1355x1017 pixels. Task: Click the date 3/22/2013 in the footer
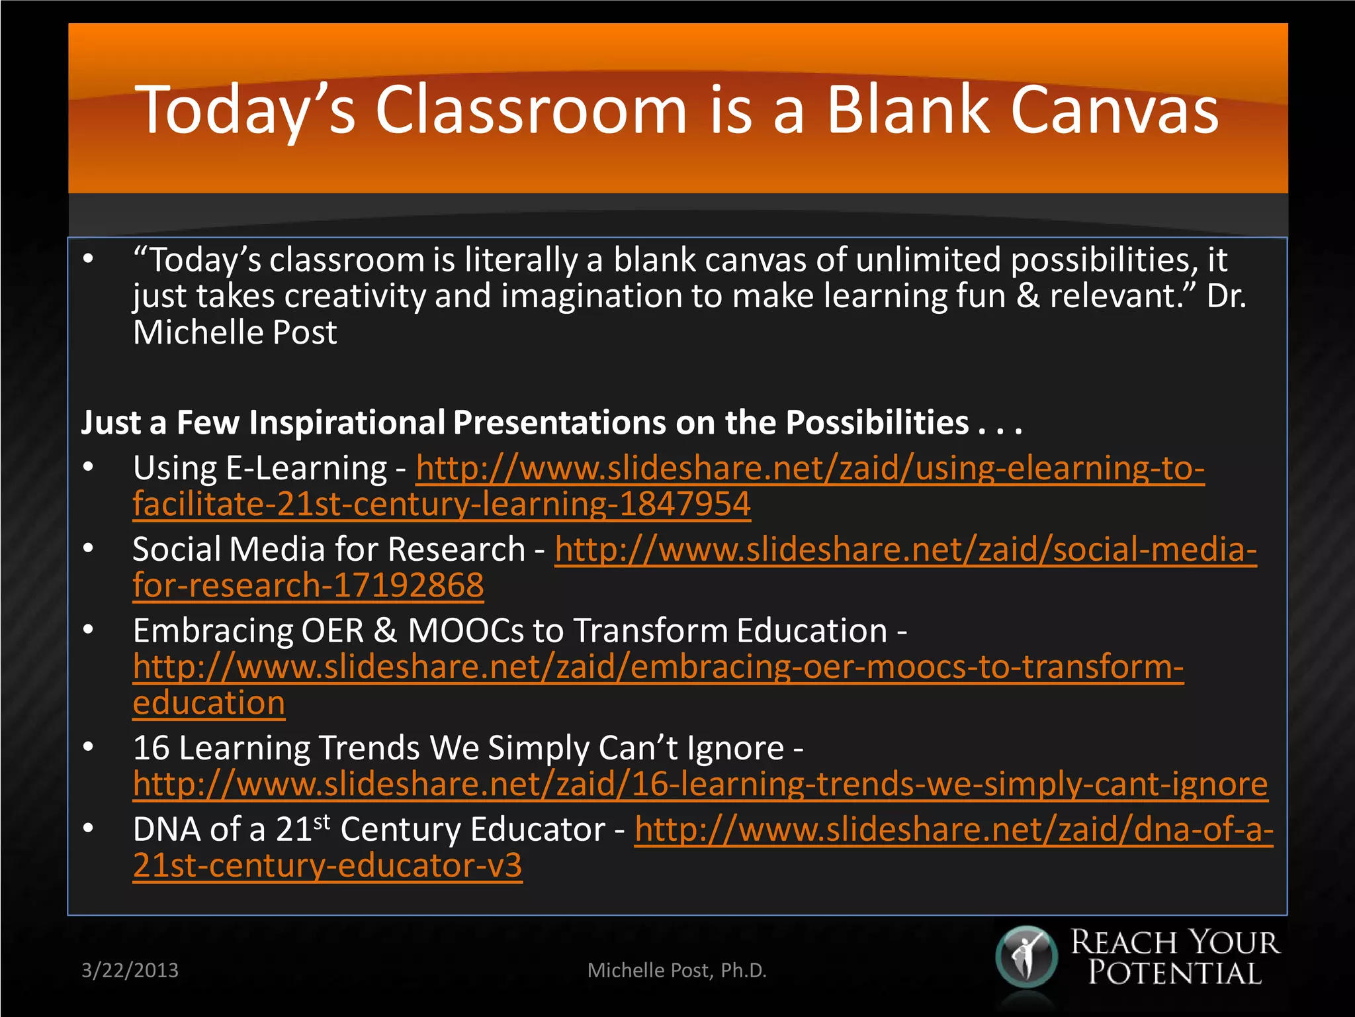[x=130, y=970]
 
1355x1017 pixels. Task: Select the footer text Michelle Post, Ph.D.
[x=677, y=970]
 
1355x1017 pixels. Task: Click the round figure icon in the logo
[x=1026, y=957]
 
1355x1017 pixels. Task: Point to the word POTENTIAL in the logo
[x=1175, y=973]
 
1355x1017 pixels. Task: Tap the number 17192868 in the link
[x=408, y=585]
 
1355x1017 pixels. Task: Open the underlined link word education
[x=209, y=702]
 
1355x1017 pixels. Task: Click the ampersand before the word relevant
[x=1027, y=295]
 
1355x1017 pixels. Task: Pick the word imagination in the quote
[x=591, y=295]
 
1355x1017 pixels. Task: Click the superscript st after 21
[x=322, y=822]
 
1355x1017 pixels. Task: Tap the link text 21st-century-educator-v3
[x=328, y=865]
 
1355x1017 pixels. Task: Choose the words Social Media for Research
[x=329, y=550]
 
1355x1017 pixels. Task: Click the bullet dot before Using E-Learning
[x=89, y=467]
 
